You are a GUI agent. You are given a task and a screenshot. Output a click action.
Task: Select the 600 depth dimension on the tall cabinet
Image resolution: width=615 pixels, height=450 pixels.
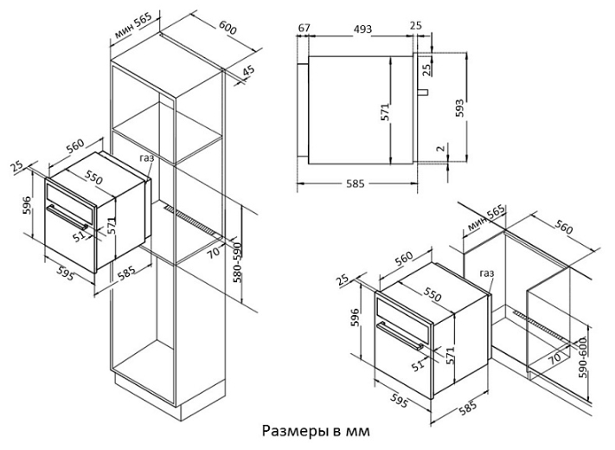pos(227,28)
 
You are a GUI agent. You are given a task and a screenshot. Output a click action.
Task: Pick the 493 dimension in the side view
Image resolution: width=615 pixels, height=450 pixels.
pos(362,29)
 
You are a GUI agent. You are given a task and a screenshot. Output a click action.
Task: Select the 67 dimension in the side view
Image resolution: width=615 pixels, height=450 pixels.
pos(304,29)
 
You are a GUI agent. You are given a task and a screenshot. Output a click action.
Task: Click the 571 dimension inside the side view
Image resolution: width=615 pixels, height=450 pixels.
pos(385,112)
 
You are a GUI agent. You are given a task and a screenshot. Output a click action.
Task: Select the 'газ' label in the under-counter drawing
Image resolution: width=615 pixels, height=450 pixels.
pos(487,273)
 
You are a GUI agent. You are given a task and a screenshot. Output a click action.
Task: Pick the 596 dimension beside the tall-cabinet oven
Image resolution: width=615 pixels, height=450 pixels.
pos(28,205)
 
